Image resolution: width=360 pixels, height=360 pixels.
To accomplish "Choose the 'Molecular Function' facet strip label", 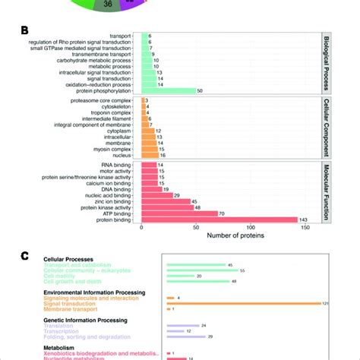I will tap(327, 192).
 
